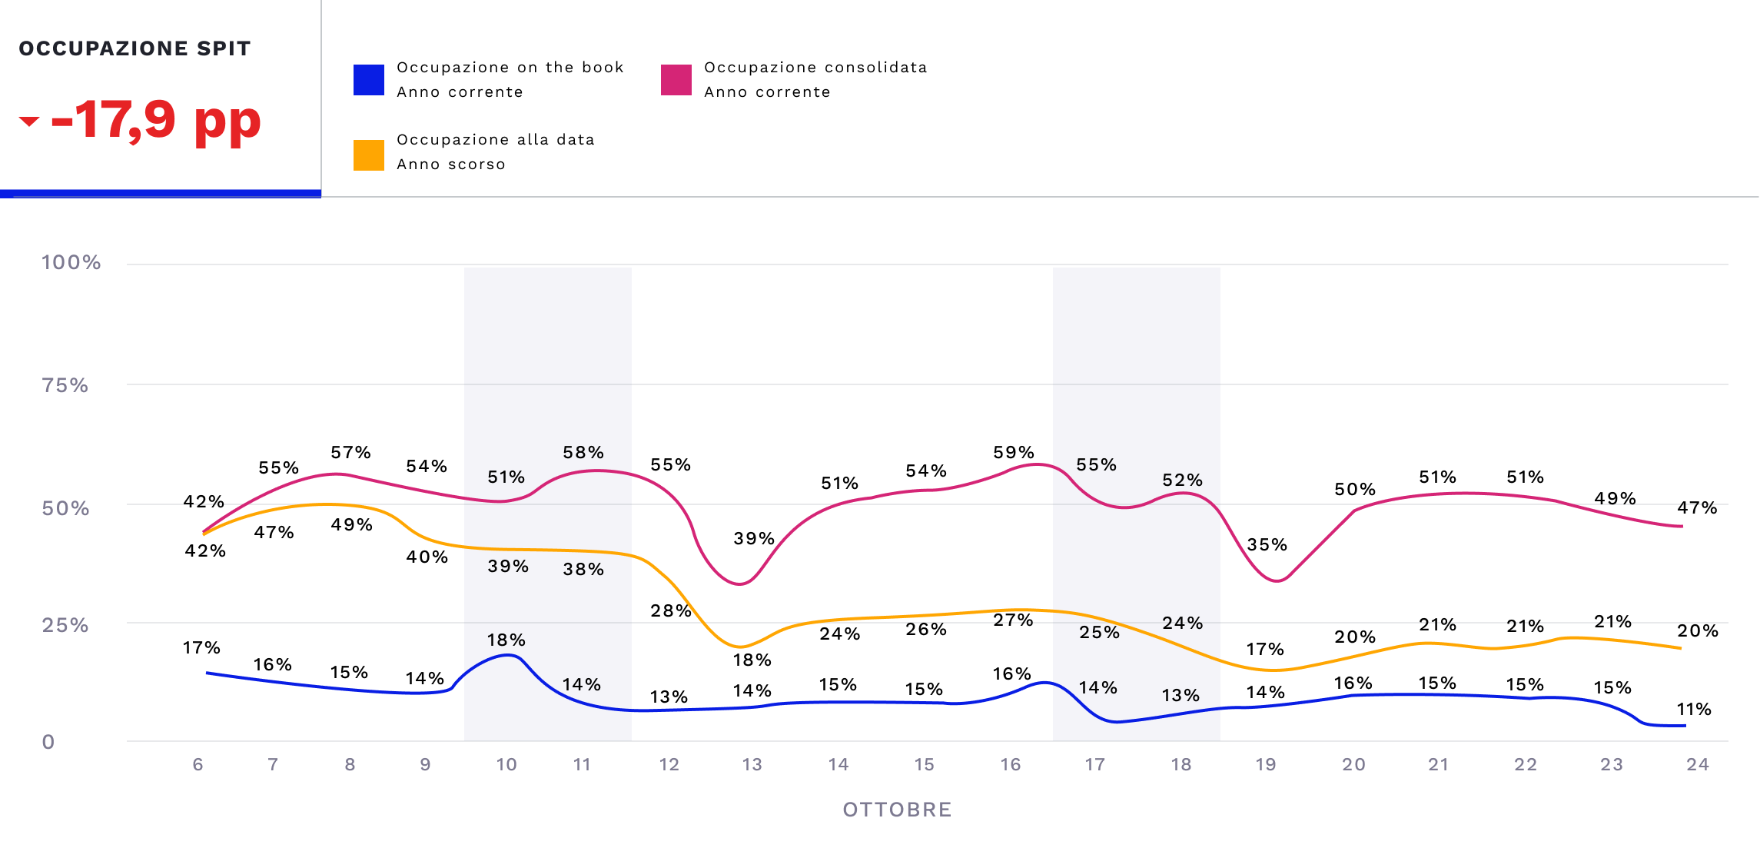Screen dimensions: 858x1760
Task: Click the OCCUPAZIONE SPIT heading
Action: click(134, 48)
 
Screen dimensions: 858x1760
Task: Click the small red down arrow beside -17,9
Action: click(29, 121)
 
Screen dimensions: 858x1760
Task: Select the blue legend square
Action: click(369, 80)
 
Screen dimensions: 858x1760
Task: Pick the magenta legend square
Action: click(676, 80)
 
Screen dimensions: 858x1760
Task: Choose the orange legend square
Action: click(369, 155)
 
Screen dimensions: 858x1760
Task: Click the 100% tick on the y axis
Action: click(71, 263)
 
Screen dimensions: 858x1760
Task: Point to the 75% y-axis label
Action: click(65, 385)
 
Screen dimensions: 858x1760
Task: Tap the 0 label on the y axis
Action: click(48, 742)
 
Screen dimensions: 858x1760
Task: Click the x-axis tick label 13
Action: click(752, 764)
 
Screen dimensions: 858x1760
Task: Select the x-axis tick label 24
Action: click(1697, 764)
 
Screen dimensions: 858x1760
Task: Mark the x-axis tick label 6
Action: click(198, 764)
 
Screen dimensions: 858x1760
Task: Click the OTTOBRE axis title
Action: click(897, 810)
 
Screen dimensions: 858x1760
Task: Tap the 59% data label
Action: click(1014, 453)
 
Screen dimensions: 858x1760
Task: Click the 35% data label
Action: click(1267, 545)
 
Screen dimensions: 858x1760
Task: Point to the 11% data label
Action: click(1694, 710)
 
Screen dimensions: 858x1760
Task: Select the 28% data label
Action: click(671, 611)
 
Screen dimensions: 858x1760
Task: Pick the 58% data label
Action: click(583, 453)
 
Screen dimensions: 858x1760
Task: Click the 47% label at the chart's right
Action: click(1697, 508)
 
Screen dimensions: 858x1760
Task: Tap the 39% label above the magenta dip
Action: click(754, 539)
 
